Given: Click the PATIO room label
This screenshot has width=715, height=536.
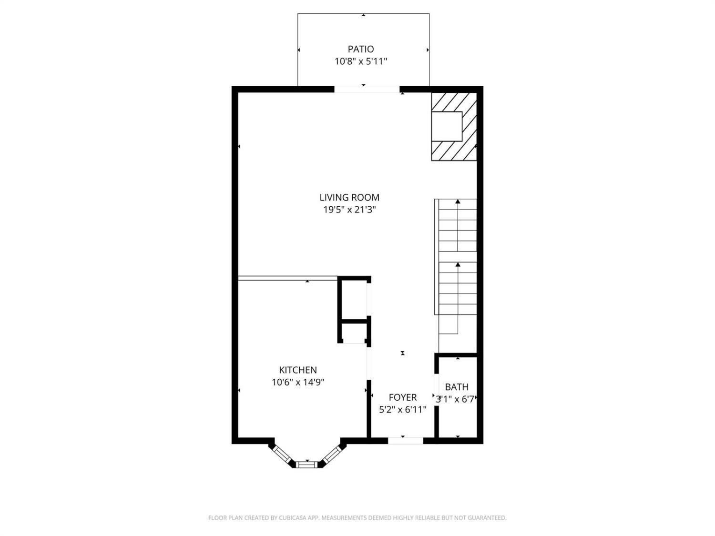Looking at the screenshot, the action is (x=360, y=49).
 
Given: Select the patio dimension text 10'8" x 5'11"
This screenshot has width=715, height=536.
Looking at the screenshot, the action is (x=360, y=61).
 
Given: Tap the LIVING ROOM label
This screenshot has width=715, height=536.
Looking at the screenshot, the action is (x=349, y=197).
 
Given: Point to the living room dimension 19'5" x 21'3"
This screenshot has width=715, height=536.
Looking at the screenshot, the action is (x=349, y=210).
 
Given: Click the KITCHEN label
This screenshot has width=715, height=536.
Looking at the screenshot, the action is (x=298, y=370).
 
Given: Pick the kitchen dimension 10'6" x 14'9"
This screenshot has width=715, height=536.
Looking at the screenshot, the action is (x=298, y=382).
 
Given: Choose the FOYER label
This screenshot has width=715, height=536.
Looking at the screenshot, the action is (x=403, y=397).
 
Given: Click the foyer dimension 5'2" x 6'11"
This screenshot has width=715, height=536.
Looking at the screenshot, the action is (x=403, y=409).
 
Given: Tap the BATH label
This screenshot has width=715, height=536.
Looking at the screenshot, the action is (x=457, y=387).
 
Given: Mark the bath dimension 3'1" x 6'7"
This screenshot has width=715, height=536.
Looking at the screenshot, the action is (x=457, y=399).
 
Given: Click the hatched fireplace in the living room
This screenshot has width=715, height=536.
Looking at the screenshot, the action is (x=454, y=127).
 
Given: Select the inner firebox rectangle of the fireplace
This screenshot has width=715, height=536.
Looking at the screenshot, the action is (x=447, y=127).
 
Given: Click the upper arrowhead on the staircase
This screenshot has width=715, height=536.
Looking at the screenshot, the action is (x=458, y=202).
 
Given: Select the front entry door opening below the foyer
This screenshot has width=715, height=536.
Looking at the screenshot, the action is (x=406, y=441).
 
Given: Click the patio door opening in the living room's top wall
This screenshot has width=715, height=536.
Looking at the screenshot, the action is (x=367, y=89).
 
